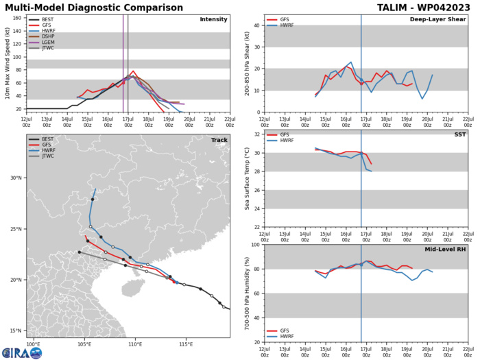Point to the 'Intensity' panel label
point(213,19)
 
